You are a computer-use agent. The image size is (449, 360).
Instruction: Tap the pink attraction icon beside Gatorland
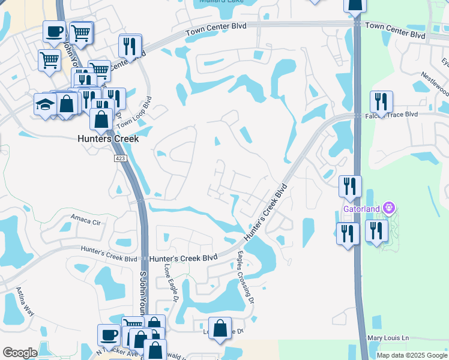tap(389, 208)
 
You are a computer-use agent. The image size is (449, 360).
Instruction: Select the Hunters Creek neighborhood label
tap(108, 139)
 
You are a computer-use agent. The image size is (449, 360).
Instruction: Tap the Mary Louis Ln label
tap(387, 338)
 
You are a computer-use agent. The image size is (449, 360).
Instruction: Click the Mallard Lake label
tap(219, 2)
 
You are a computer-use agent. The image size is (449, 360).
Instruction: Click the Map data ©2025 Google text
tap(412, 355)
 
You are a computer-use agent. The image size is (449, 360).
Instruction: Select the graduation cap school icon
tap(45, 104)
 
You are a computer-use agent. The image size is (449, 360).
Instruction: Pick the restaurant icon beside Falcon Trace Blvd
tap(381, 101)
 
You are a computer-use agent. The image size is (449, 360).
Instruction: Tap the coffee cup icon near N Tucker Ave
tap(109, 334)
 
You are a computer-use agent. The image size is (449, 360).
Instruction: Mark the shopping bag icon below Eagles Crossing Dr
tap(220, 328)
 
